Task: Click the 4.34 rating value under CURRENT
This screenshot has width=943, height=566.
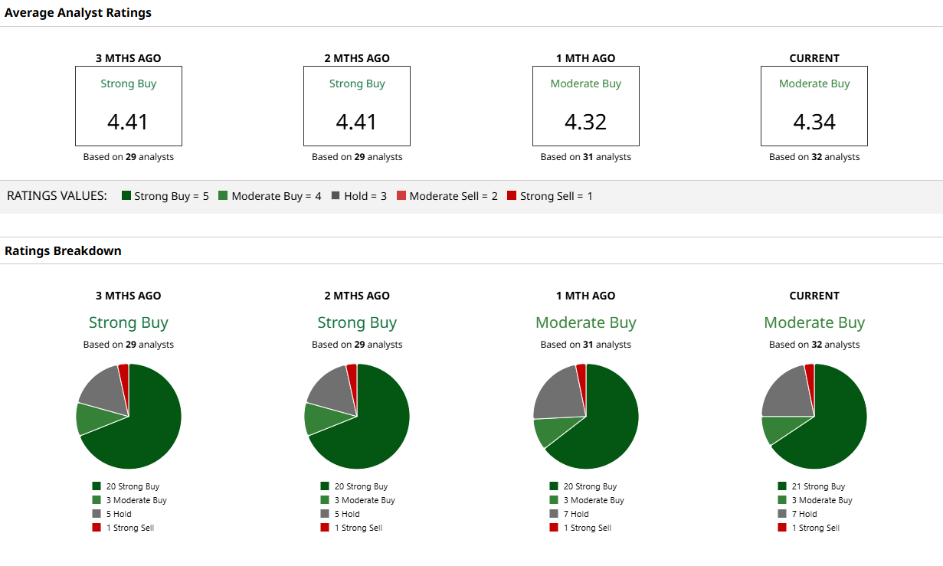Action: click(814, 122)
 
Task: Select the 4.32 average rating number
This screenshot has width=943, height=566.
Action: click(585, 122)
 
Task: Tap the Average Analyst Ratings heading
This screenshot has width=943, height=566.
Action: click(78, 12)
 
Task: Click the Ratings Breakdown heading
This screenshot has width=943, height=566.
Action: click(63, 250)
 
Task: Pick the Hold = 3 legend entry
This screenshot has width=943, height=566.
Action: click(359, 196)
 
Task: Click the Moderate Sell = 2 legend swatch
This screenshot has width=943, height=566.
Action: click(401, 196)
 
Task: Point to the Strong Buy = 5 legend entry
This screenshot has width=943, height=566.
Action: click(165, 196)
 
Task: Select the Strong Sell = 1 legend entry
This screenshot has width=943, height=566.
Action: click(550, 196)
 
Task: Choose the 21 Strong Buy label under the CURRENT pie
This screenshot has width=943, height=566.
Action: click(818, 486)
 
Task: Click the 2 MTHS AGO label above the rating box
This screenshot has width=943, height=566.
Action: click(357, 58)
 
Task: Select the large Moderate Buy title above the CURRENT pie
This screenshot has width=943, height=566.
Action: click(814, 322)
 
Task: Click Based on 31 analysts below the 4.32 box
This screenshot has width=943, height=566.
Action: click(585, 157)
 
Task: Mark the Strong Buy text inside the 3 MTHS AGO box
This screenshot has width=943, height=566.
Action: click(129, 83)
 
